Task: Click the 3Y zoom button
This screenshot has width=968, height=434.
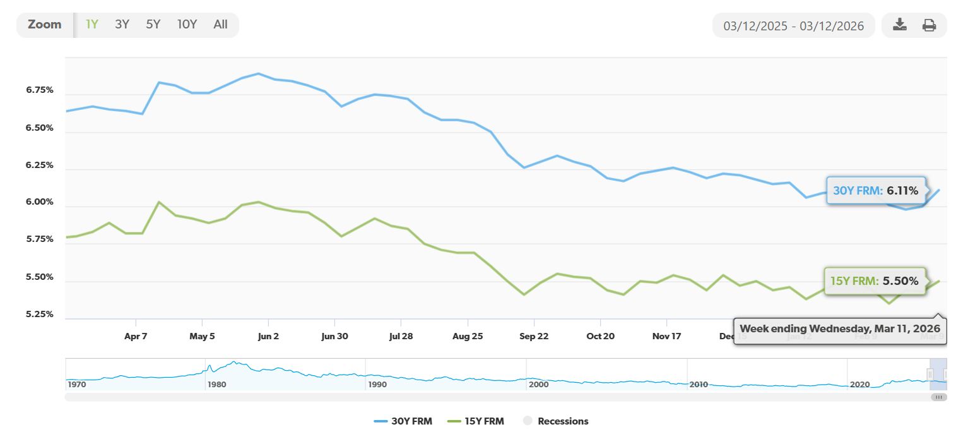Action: (x=122, y=25)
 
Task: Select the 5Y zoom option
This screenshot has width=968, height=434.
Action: (x=153, y=25)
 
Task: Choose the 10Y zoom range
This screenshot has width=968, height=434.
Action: (x=187, y=25)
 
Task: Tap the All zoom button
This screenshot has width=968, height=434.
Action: (x=220, y=25)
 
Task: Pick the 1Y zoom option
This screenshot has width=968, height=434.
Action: (x=92, y=25)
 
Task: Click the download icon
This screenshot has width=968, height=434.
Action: (x=900, y=25)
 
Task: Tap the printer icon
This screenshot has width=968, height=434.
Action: (x=929, y=25)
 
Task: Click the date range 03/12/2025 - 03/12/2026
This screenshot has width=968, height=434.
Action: (x=793, y=26)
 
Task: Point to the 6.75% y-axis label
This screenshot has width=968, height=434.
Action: (x=40, y=90)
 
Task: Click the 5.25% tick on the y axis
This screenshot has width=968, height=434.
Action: (x=40, y=315)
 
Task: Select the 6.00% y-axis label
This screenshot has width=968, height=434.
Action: (x=40, y=203)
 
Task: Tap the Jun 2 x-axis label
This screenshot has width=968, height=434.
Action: (x=268, y=336)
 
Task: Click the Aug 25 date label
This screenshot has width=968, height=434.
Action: (x=468, y=336)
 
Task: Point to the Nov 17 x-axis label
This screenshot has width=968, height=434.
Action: (x=666, y=336)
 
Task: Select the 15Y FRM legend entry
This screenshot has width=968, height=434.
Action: (x=475, y=421)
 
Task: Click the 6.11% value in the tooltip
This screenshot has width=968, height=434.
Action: (x=902, y=191)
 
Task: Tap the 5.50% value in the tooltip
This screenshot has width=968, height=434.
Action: (x=900, y=281)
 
